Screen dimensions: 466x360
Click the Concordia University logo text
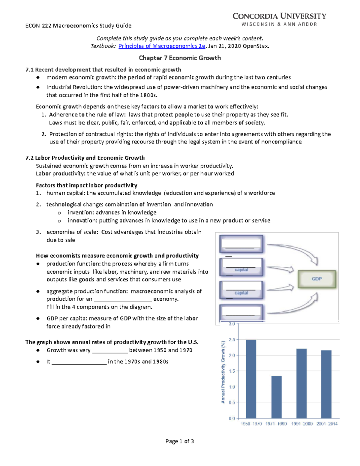[x=279, y=16]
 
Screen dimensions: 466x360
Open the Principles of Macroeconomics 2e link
[x=162, y=46]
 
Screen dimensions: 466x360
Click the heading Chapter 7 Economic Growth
[x=180, y=58]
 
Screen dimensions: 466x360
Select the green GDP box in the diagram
[x=316, y=279]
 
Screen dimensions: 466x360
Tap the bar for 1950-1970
[x=251, y=379]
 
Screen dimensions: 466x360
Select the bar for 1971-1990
[x=276, y=397]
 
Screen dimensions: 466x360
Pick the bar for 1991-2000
[x=301, y=383]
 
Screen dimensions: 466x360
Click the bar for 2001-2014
[x=326, y=384]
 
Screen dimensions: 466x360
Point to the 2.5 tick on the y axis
[x=232, y=340]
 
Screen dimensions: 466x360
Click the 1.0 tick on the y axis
[x=232, y=387]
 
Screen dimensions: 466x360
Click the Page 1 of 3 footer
[x=180, y=441]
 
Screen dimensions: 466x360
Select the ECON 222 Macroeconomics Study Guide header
[x=78, y=26]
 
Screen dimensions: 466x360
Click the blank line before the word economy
[x=123, y=299]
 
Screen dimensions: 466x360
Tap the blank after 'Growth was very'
[x=110, y=350]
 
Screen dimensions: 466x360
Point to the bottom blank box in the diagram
[x=241, y=312]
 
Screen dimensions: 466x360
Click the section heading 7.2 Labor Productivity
[x=85, y=158]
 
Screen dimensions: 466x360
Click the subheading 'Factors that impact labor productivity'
[x=86, y=185]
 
